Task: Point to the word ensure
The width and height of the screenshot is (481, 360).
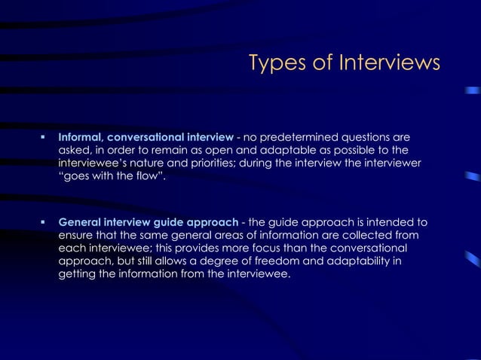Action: (x=75, y=236)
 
